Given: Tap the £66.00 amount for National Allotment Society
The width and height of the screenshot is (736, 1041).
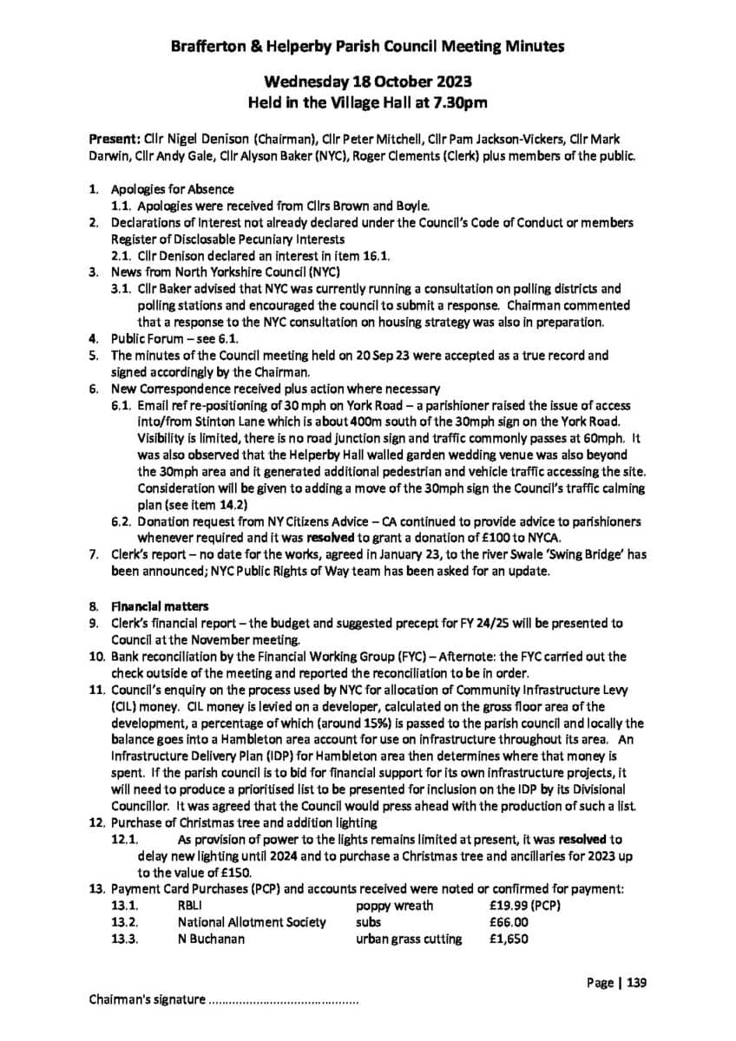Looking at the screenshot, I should point(509,922).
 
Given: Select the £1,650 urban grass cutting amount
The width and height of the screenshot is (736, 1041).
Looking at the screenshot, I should point(508,939).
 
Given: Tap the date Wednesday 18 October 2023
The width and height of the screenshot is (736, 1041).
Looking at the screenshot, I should point(368,82).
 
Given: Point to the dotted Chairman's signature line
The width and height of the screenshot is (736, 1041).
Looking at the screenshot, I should point(283,1000).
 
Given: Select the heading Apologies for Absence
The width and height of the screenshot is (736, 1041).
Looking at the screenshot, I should point(172,189).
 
